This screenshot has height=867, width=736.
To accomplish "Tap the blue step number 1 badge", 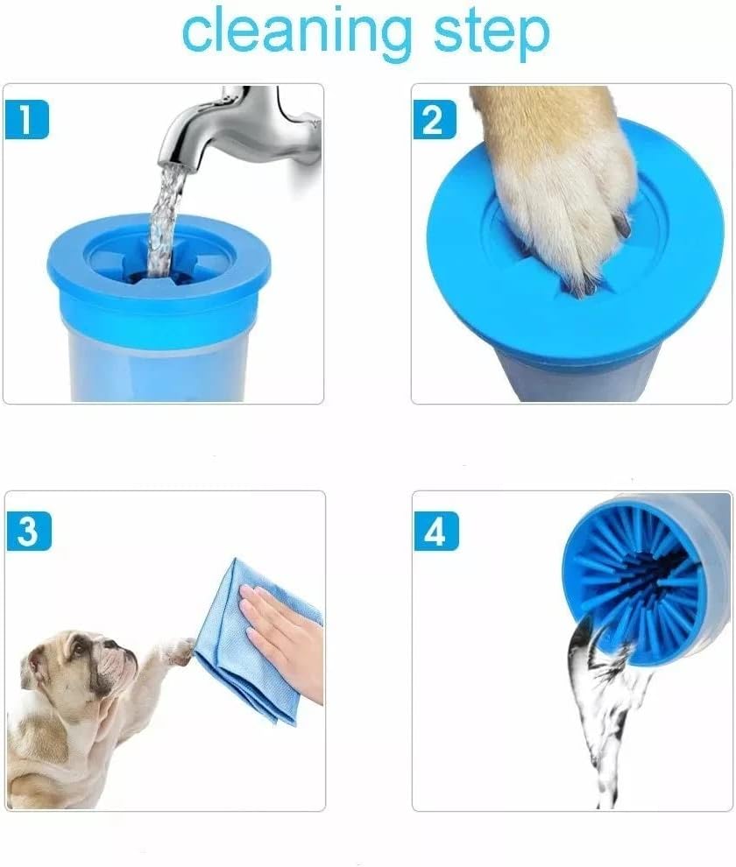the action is coord(26,119).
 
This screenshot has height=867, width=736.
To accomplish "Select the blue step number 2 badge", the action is coord(435,119).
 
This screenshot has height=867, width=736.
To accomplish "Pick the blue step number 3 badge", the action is coord(29,531).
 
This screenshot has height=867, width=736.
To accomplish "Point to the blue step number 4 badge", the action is coord(436,531).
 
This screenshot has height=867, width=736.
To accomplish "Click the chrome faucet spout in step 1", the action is coord(232,130).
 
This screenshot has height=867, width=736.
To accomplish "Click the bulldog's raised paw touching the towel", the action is coord(180,650).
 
